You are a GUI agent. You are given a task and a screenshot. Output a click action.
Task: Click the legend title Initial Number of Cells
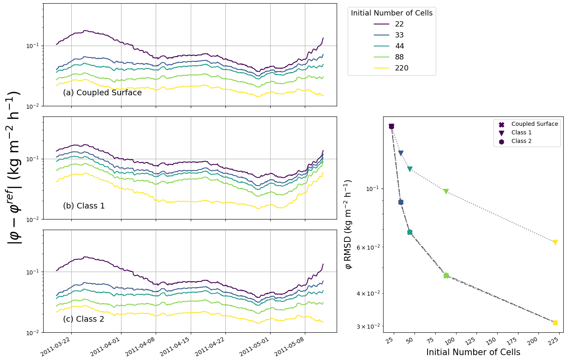pyautogui.click(x=392, y=13)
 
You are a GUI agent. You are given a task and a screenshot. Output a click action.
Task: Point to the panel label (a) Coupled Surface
pyautogui.click(x=102, y=93)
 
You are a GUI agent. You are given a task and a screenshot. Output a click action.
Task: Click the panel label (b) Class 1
pyautogui.click(x=84, y=206)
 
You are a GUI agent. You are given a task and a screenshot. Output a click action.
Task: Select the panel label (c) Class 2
pyautogui.click(x=84, y=319)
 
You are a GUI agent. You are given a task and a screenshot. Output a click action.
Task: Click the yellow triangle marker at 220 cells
pyautogui.click(x=555, y=242)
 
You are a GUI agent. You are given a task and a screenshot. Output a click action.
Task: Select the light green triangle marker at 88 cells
pyautogui.click(x=446, y=191)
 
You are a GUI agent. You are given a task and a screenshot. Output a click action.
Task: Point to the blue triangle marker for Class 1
pyautogui.click(x=401, y=153)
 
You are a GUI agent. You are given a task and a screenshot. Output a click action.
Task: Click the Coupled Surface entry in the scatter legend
pyautogui.click(x=534, y=124)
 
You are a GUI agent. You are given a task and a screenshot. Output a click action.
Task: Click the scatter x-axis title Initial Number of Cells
pyautogui.click(x=473, y=353)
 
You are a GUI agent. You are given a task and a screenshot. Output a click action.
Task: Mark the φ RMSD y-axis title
pyautogui.click(x=348, y=224)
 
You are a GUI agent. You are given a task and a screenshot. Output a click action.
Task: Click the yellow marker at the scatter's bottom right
pyautogui.click(x=555, y=323)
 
